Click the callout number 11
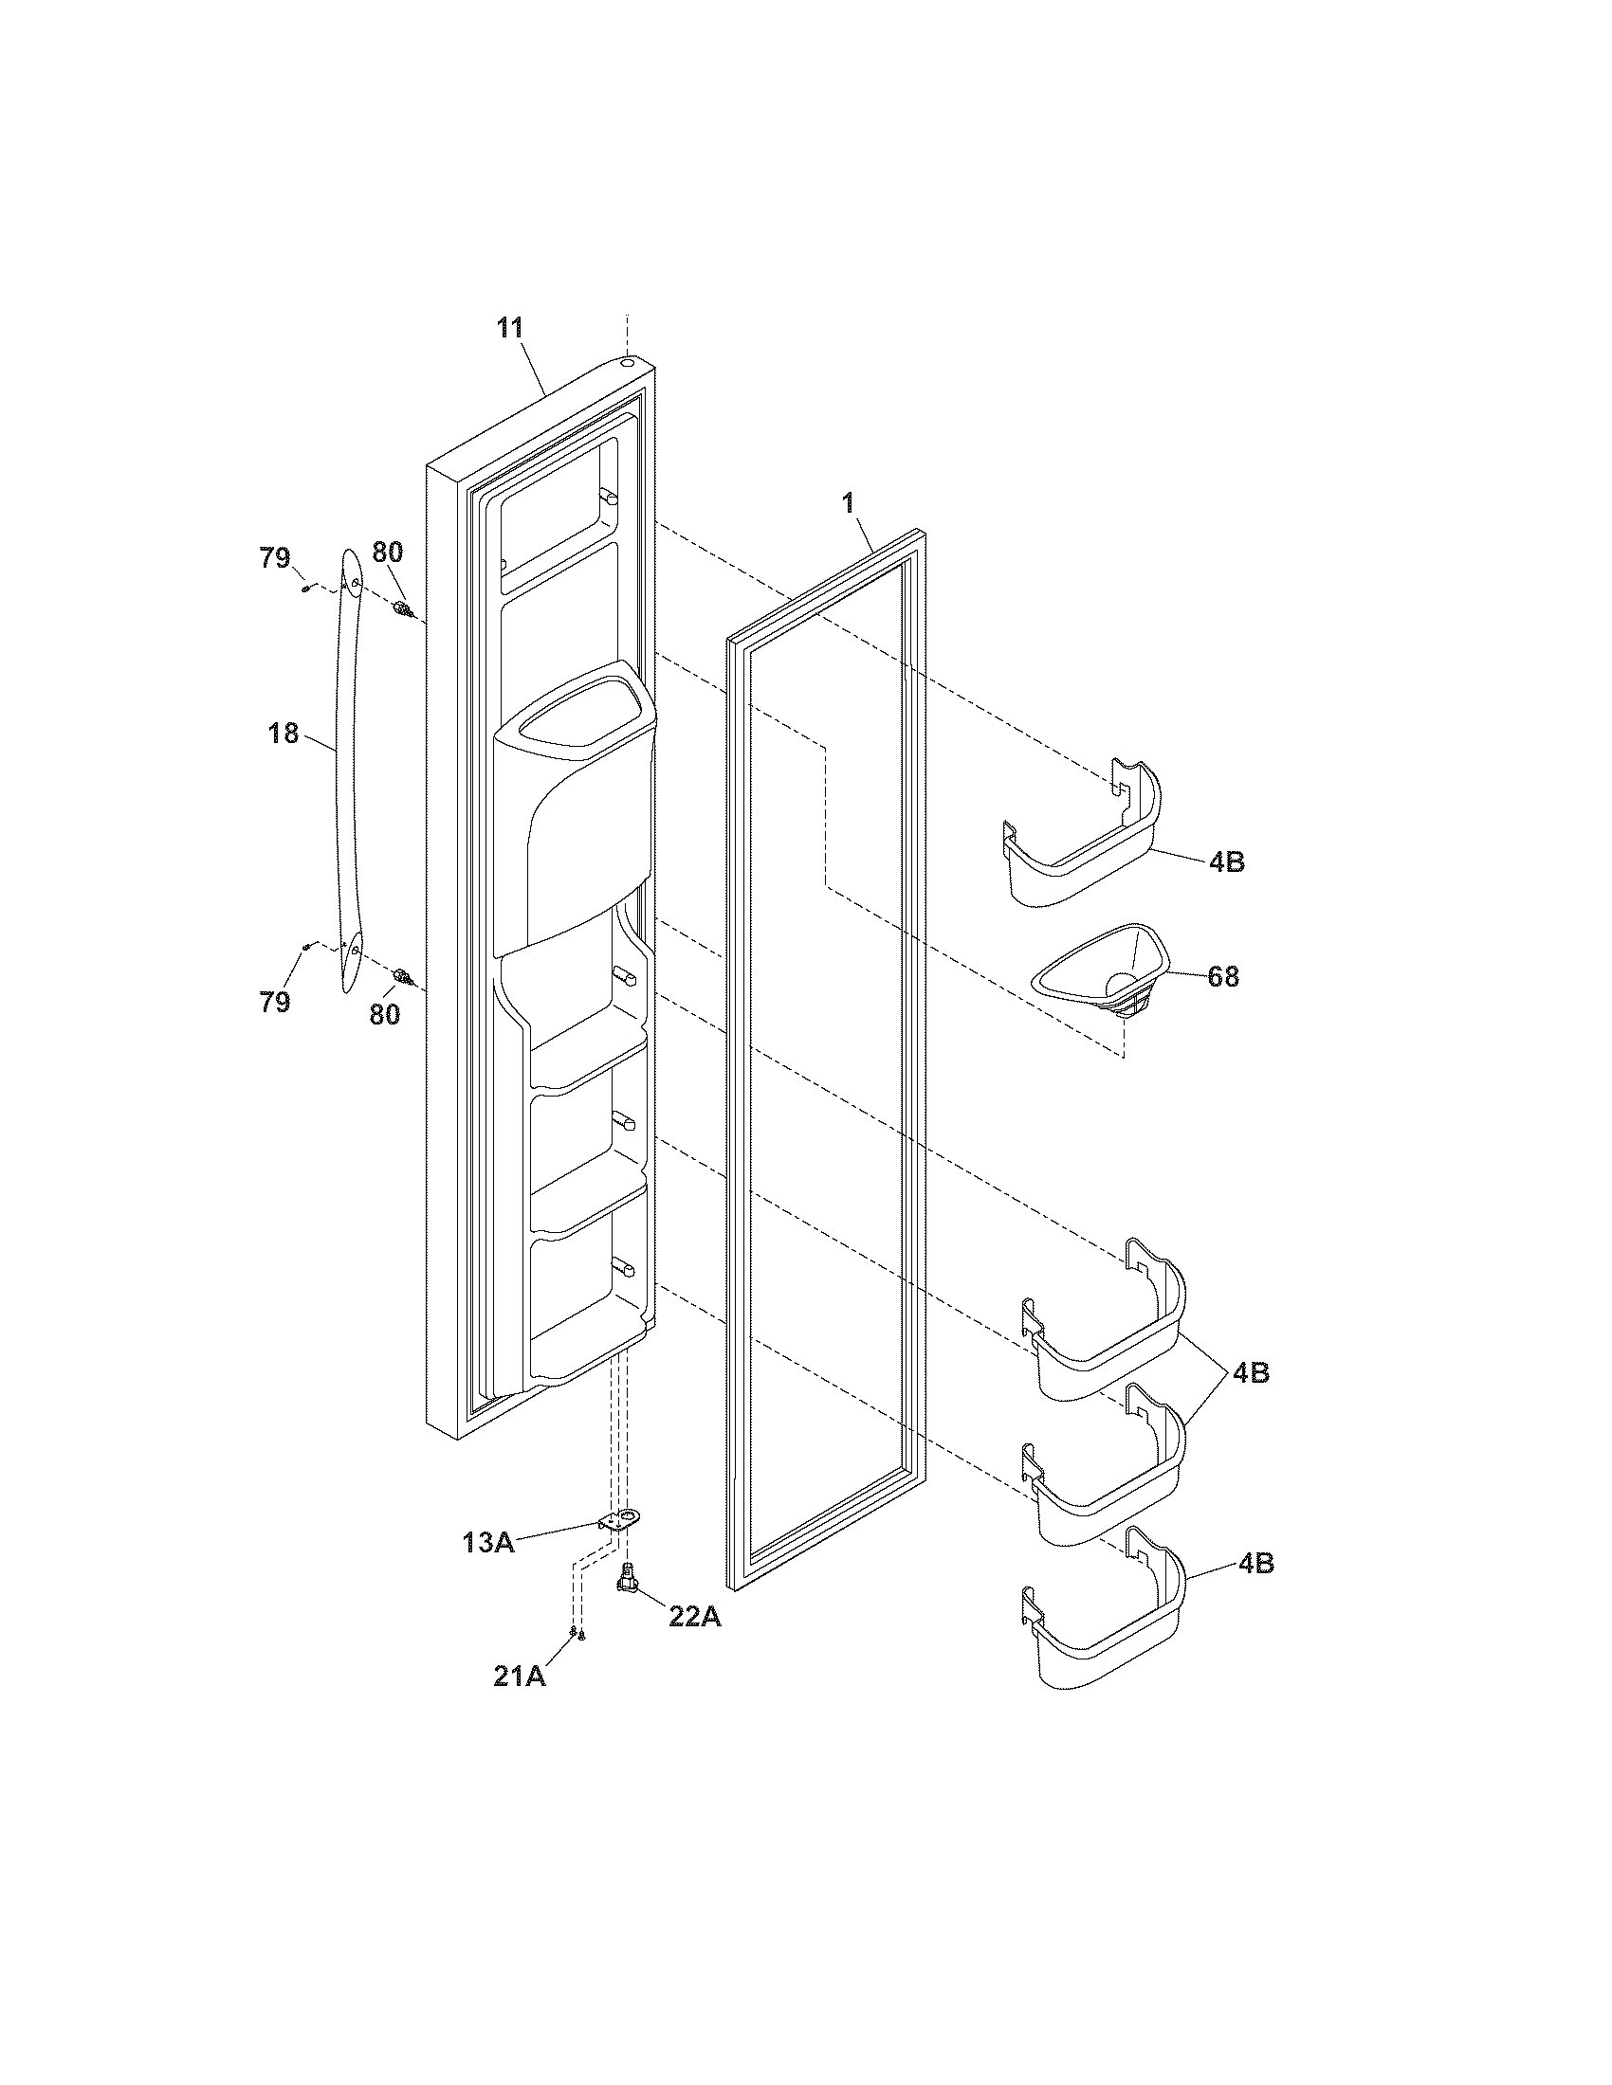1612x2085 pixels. (x=509, y=329)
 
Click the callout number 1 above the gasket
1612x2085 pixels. (x=848, y=504)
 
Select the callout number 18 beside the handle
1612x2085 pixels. (x=284, y=734)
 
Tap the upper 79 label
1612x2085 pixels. (x=275, y=557)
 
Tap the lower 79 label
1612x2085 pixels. (x=275, y=1002)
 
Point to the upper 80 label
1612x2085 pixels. (x=387, y=552)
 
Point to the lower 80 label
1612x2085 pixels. (x=385, y=1014)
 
